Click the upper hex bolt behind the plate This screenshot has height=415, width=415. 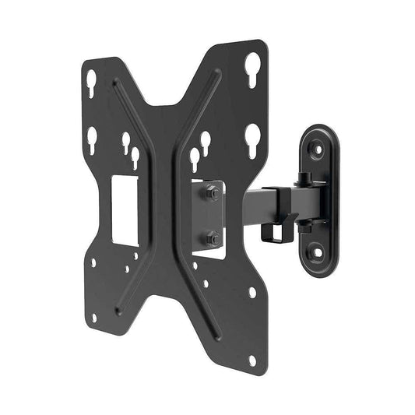coord(213,193)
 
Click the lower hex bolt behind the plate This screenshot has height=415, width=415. coord(213,238)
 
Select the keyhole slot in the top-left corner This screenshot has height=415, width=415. coord(91,79)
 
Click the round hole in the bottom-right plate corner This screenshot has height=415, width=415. coord(252,359)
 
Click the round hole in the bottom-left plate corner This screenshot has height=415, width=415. coord(93,318)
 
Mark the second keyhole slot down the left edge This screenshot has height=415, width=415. coord(92,139)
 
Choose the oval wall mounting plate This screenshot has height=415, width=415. coord(318,199)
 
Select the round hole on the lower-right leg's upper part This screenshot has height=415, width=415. coord(251,293)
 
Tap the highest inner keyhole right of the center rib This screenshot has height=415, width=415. coord(205,141)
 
